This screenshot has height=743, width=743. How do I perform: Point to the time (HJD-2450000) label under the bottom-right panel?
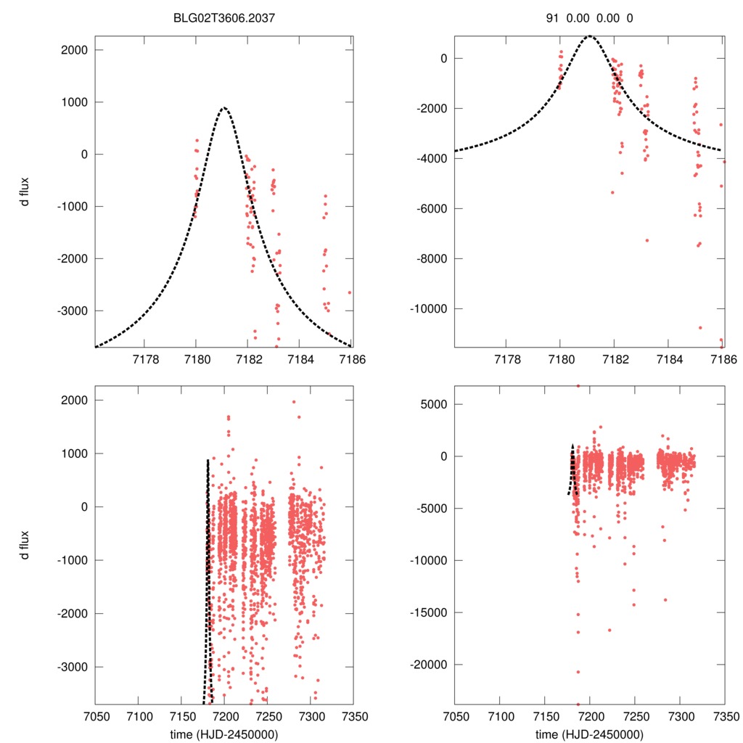pyautogui.click(x=589, y=734)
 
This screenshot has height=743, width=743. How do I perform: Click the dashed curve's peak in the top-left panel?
pyautogui.click(x=224, y=108)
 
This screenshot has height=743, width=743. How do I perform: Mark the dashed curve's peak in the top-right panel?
pyautogui.click(x=589, y=36)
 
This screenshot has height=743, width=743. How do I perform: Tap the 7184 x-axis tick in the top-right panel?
pyautogui.click(x=669, y=358)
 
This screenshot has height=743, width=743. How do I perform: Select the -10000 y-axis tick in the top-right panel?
pyautogui.click(x=434, y=308)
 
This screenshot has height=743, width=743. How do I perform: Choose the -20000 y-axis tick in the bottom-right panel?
pyautogui.click(x=434, y=665)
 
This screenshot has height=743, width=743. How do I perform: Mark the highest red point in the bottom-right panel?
pyautogui.click(x=578, y=386)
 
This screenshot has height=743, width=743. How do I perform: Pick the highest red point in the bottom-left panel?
pyautogui.click(x=294, y=402)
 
